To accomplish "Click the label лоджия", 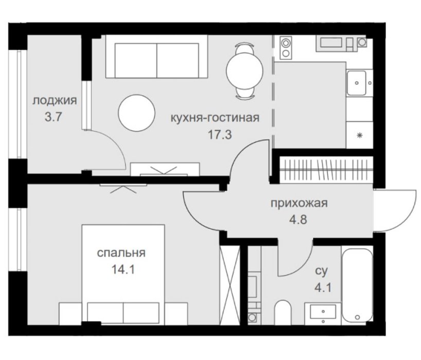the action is pyautogui.click(x=55, y=101).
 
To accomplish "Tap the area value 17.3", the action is pyautogui.click(x=220, y=134).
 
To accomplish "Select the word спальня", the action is pyautogui.click(x=121, y=253).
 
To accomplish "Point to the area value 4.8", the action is pyautogui.click(x=298, y=220).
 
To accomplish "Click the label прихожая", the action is pyautogui.click(x=299, y=203).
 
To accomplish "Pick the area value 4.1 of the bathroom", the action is pyautogui.click(x=323, y=288).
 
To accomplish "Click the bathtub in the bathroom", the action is pyautogui.click(x=357, y=285).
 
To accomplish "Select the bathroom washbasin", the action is pyautogui.click(x=323, y=313).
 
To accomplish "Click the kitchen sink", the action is pyautogui.click(x=357, y=83).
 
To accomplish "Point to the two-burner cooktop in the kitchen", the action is pyautogui.click(x=286, y=48).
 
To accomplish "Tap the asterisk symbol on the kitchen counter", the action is pyautogui.click(x=360, y=135).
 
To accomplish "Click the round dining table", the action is pyautogui.click(x=244, y=71).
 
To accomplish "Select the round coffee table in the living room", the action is pyautogui.click(x=137, y=113).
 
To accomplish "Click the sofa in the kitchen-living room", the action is pyautogui.click(x=157, y=57).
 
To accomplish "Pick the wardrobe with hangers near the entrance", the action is pyautogui.click(x=326, y=170).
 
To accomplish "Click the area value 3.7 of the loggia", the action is pyautogui.click(x=54, y=117).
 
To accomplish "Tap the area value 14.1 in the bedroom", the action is pyautogui.click(x=123, y=269).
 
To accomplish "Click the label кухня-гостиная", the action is pyautogui.click(x=215, y=118).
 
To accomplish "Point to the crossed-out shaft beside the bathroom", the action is pyautogui.click(x=230, y=285).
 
